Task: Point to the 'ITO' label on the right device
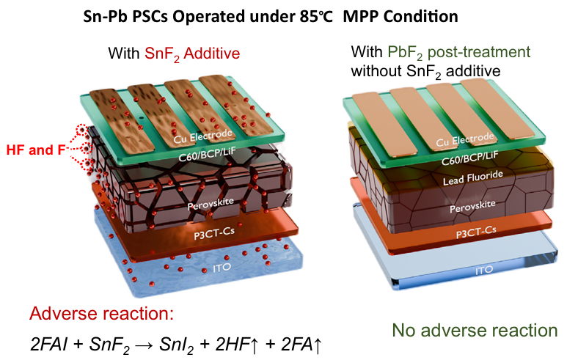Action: pyautogui.click(x=483, y=270)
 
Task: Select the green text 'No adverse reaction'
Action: pyautogui.click(x=474, y=329)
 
